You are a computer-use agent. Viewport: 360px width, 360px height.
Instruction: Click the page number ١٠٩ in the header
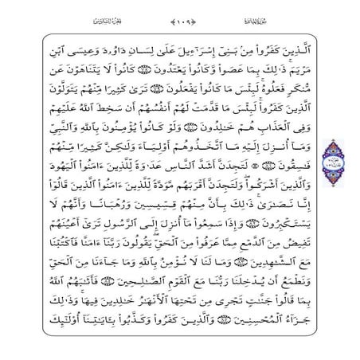[179, 20]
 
